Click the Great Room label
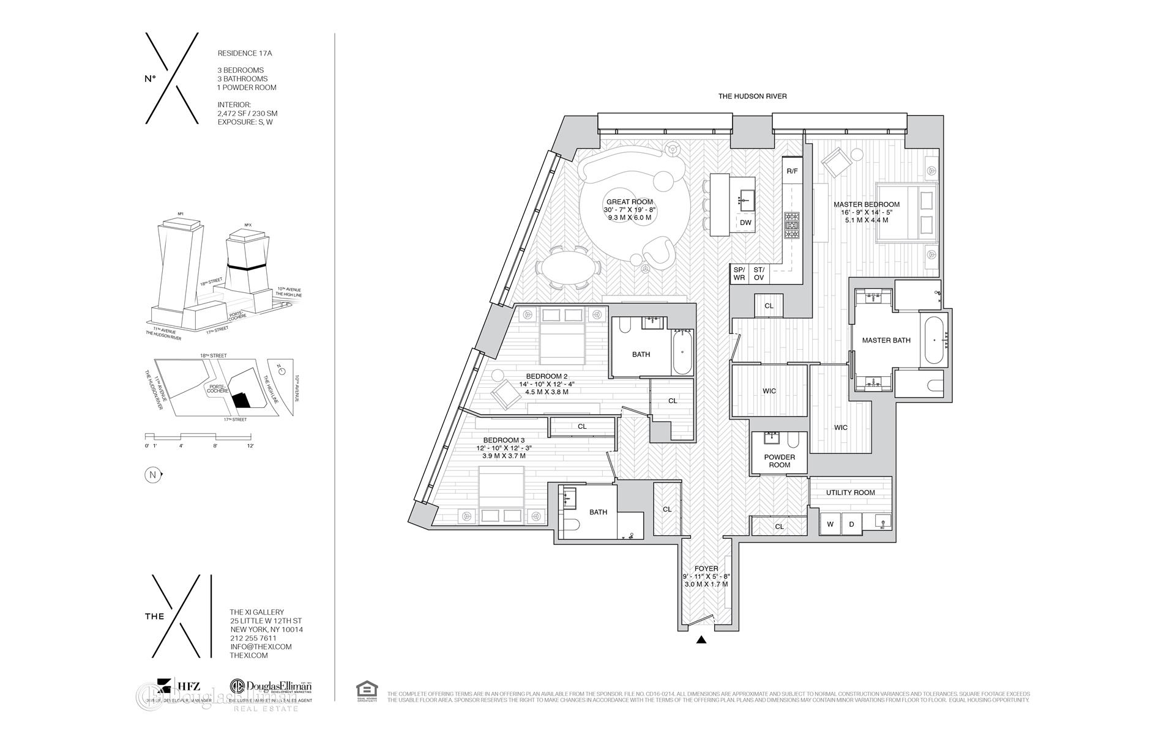(629, 202)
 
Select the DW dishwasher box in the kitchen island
(745, 223)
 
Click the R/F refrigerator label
(792, 171)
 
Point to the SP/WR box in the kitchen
(739, 273)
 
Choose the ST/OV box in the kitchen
(759, 273)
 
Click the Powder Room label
(779, 461)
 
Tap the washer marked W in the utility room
(830, 524)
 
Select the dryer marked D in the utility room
(851, 524)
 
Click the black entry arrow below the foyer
(702, 640)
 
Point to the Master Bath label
(886, 340)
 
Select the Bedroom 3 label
(504, 440)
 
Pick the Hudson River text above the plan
(752, 96)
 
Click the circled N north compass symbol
(151, 475)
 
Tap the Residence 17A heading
(245, 53)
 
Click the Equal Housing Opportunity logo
(367, 691)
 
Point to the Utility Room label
(850, 492)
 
